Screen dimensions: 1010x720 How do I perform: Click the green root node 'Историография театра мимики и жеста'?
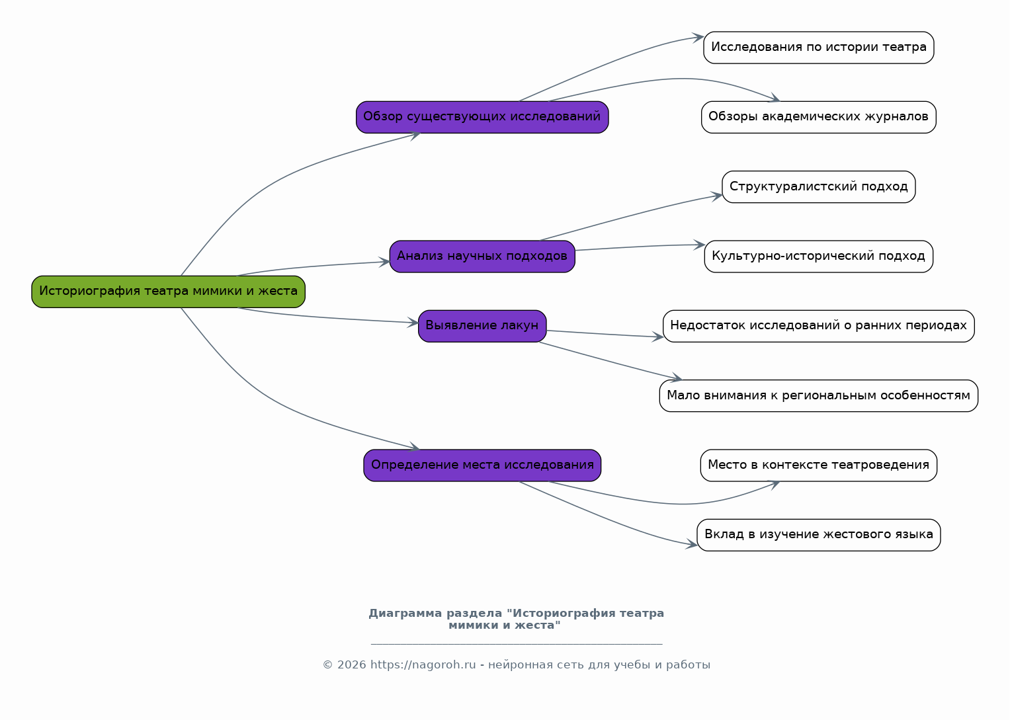pos(168,292)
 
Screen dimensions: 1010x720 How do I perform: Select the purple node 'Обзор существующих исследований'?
pos(482,117)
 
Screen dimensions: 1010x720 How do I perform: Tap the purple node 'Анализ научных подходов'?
pos(482,257)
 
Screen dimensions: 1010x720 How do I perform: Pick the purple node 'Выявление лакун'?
pos(482,326)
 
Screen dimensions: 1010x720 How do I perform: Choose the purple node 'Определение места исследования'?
pos(482,465)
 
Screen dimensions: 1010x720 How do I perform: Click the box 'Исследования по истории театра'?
pos(818,48)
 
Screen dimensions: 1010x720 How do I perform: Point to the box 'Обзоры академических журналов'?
pos(818,117)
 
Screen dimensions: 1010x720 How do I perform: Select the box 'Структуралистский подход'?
pos(818,186)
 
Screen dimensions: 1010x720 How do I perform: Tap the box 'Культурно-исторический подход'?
pos(818,257)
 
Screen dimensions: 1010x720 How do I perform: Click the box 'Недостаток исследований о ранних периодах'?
pos(818,326)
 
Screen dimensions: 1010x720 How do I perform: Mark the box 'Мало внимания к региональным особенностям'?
pos(818,396)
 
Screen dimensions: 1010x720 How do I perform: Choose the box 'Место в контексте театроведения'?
pos(818,465)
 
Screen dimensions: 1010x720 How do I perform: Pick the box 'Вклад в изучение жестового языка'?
pos(818,535)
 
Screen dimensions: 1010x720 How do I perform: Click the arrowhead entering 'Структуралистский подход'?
pos(718,196)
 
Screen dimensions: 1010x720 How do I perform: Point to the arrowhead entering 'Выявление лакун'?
pos(413,323)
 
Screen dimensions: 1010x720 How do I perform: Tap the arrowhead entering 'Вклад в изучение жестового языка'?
pos(692,544)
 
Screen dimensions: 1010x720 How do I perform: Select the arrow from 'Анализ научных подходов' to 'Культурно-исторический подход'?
pos(640,247)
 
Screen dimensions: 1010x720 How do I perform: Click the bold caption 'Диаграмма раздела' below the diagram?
pos(435,614)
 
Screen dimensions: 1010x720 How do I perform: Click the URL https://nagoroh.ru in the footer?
pos(423,665)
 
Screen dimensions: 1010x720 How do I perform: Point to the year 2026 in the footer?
pos(351,665)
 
